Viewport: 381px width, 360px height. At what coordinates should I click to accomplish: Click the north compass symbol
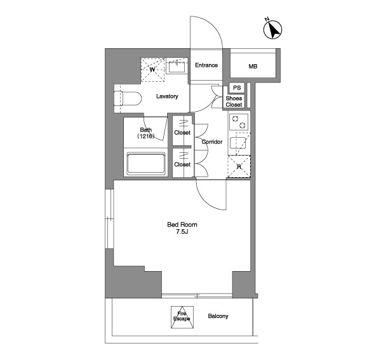point(272,29)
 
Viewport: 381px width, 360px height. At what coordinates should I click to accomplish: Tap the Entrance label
point(206,65)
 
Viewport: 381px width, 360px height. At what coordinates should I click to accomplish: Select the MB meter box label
point(253,66)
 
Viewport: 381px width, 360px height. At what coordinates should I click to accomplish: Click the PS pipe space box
point(237,88)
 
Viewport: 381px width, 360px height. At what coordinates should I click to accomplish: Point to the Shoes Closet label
point(234,102)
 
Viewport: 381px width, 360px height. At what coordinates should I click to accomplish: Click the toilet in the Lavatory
point(128,98)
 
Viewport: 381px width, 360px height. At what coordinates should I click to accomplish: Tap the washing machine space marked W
point(152,70)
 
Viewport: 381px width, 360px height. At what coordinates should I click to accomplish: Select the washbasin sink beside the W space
point(177,66)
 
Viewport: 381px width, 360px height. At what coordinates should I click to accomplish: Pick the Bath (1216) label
point(146,133)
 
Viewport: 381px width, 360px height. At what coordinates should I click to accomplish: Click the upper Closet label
point(182,133)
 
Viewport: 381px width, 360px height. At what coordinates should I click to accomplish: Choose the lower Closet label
point(182,164)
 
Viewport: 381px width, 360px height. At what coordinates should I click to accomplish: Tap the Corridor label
point(212,142)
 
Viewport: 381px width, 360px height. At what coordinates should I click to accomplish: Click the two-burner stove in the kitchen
point(239,122)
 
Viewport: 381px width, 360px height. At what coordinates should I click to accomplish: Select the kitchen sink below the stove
point(238,143)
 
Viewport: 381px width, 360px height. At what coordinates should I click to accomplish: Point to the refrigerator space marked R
point(239,166)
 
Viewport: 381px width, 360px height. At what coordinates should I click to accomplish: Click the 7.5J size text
point(182,232)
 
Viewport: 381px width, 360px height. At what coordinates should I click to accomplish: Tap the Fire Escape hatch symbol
point(182,317)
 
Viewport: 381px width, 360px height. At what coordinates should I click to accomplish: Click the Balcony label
point(218,316)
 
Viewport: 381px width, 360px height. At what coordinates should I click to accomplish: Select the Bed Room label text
point(182,225)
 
